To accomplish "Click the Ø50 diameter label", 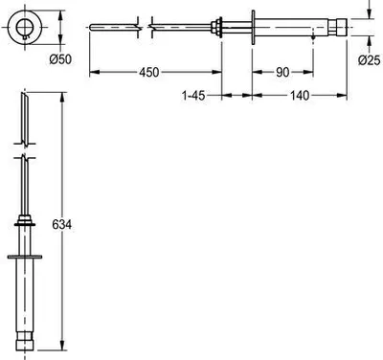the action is [x=60, y=59].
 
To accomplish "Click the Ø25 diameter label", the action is [x=370, y=60].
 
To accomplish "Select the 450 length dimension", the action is [x=149, y=72].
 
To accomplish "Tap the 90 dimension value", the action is [x=282, y=72].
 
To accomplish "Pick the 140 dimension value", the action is [x=300, y=95].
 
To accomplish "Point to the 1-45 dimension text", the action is [x=193, y=95].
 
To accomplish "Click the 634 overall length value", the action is [x=62, y=225].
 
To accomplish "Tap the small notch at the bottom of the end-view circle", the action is [x=25, y=38].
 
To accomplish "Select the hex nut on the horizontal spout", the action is [x=217, y=27].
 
